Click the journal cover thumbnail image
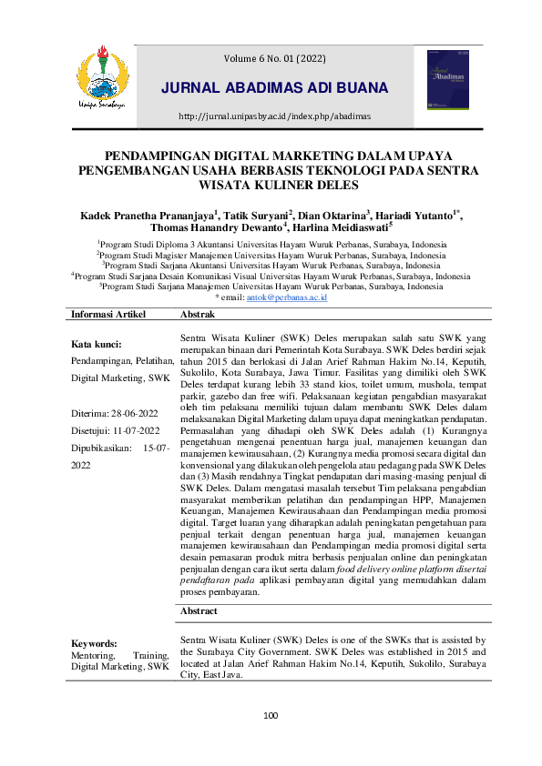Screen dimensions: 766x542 [x=445, y=80]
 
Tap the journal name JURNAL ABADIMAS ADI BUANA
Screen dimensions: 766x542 [x=274, y=88]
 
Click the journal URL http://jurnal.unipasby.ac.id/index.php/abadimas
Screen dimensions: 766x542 [x=274, y=116]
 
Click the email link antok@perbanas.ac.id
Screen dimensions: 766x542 [x=286, y=297]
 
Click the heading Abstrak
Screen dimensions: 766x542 [x=198, y=314]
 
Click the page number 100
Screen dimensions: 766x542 [x=271, y=716]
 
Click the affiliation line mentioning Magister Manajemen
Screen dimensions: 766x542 [x=271, y=256]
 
